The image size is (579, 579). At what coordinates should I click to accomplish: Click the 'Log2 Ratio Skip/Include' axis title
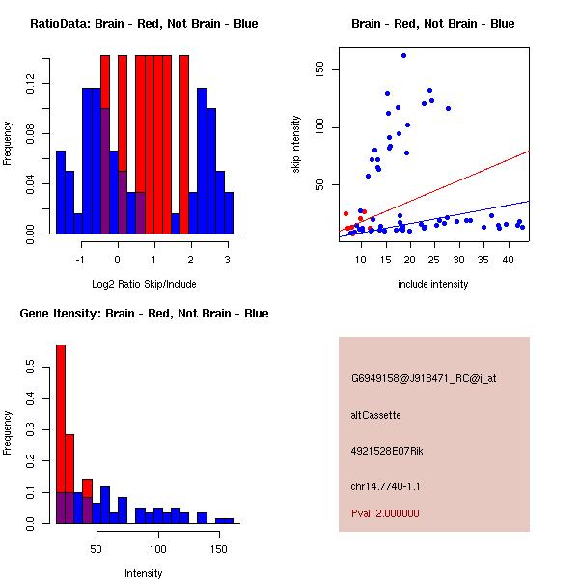(x=144, y=283)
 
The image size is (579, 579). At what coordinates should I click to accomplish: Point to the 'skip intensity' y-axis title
(x=296, y=144)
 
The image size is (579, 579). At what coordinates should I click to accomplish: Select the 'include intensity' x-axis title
(x=433, y=284)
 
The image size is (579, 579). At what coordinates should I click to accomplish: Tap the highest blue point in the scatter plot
(x=403, y=56)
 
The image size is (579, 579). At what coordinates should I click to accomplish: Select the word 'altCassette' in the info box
(x=376, y=415)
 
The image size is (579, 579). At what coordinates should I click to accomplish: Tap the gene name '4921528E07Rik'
(x=383, y=451)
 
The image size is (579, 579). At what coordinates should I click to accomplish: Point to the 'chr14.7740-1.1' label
(x=386, y=486)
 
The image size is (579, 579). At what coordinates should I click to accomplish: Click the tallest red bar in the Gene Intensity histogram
(x=61, y=434)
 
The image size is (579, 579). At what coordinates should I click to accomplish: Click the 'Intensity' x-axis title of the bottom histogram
(x=144, y=573)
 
